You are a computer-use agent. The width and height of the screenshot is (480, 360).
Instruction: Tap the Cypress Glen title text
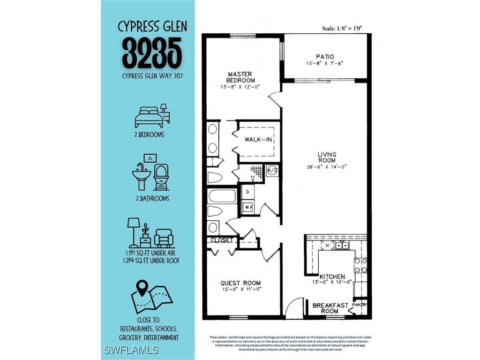(x=152, y=26)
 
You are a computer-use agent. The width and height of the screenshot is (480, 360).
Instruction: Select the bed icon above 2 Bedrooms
(x=151, y=116)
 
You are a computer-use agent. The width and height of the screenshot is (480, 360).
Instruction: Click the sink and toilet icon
(x=150, y=172)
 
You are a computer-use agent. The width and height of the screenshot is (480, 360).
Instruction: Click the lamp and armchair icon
(x=151, y=232)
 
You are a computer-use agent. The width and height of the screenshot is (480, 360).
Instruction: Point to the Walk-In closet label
(x=258, y=140)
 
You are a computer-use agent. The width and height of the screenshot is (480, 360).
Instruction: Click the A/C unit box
(x=272, y=171)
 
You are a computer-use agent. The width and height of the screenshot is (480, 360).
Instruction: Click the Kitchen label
(x=332, y=277)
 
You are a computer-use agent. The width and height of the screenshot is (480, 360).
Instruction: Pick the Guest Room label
(x=240, y=283)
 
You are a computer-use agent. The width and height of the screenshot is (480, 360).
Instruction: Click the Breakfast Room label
(x=331, y=308)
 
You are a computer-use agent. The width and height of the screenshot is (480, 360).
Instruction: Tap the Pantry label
(x=360, y=305)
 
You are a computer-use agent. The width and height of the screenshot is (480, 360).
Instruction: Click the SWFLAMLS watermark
(x=131, y=350)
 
